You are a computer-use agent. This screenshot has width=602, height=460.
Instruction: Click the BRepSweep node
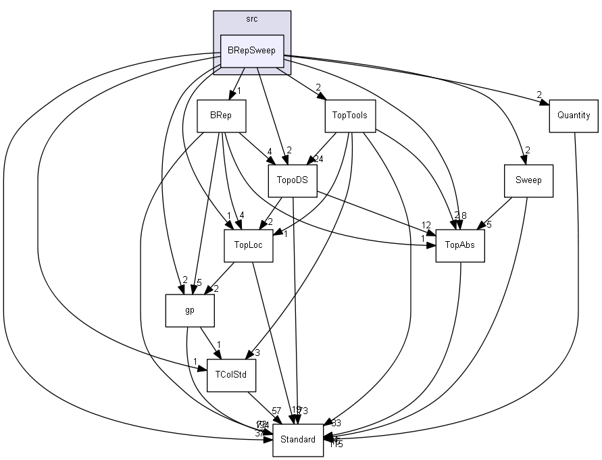pyautogui.click(x=252, y=51)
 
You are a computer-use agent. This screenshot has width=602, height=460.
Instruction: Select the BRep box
pyautogui.click(x=221, y=115)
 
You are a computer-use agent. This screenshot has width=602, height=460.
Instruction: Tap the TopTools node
pyautogui.click(x=349, y=115)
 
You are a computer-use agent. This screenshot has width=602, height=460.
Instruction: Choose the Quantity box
pyautogui.click(x=573, y=115)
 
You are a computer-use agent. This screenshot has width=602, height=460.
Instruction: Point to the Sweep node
pyautogui.click(x=528, y=180)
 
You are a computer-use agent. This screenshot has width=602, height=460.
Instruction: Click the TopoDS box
pyautogui.click(x=293, y=180)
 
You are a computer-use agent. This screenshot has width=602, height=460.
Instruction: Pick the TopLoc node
pyautogui.click(x=248, y=245)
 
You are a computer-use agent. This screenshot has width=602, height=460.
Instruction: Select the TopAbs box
pyautogui.click(x=460, y=245)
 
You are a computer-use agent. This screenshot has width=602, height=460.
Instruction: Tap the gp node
pyautogui.click(x=190, y=311)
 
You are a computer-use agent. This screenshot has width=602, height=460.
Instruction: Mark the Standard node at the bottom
pyautogui.click(x=298, y=440)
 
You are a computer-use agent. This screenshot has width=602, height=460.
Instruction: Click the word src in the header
pyautogui.click(x=252, y=19)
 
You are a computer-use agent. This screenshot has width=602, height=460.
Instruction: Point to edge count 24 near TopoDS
pyautogui.click(x=318, y=159)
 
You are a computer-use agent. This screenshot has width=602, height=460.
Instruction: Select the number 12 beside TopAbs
pyautogui.click(x=426, y=225)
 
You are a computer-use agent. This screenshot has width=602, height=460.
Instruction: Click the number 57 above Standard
pyautogui.click(x=276, y=411)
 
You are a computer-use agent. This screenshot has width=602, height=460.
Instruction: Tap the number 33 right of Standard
pyautogui.click(x=336, y=423)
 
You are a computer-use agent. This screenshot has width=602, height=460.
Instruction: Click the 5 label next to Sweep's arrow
pyautogui.click(x=489, y=224)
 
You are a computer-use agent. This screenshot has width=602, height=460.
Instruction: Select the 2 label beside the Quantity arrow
pyautogui.click(x=539, y=94)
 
